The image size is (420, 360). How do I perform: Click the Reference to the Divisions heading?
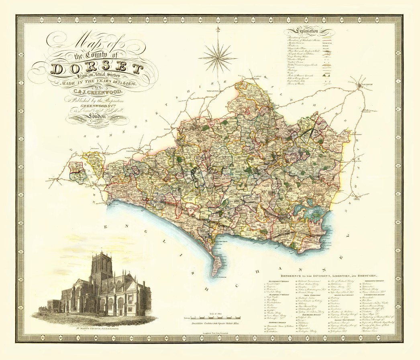[328, 276]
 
